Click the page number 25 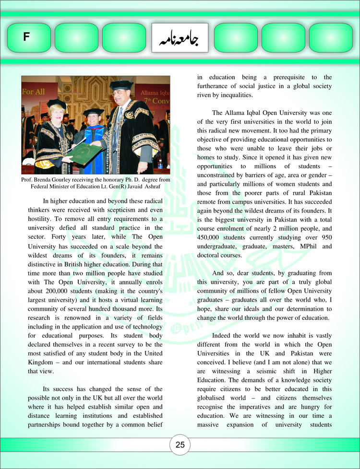180,445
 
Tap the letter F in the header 26,37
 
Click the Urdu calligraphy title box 180,38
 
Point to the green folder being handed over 85,152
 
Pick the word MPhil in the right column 301,246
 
